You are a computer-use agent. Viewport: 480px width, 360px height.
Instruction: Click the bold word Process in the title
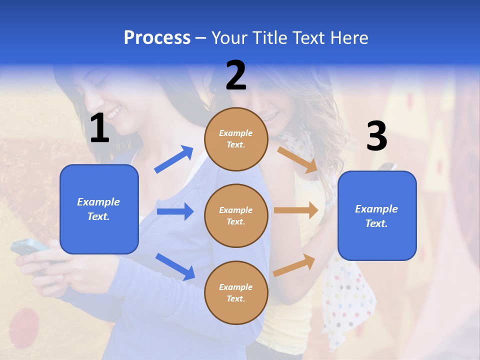pyautogui.click(x=157, y=38)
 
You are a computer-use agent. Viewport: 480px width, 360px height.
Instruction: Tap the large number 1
pyautogui.click(x=99, y=128)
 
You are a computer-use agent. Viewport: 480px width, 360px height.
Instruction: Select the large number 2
pyautogui.click(x=236, y=75)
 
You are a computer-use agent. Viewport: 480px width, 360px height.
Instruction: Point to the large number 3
pyautogui.click(x=376, y=136)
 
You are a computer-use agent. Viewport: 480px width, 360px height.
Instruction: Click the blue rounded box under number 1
pyautogui.click(x=99, y=209)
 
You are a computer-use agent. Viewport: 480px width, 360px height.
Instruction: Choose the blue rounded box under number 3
pyautogui.click(x=377, y=215)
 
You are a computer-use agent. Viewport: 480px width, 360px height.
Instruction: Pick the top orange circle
pyautogui.click(x=236, y=139)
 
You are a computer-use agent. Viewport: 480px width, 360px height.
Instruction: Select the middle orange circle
pyautogui.click(x=236, y=215)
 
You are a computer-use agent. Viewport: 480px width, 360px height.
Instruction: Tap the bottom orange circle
pyautogui.click(x=236, y=292)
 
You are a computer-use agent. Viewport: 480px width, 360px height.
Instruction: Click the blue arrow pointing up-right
pyautogui.click(x=174, y=159)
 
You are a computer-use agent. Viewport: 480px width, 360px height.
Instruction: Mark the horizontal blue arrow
pyautogui.click(x=175, y=211)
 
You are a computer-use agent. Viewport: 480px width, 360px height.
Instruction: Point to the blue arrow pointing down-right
pyautogui.click(x=175, y=266)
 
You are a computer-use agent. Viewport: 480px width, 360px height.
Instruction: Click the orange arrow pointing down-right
pyautogui.click(x=298, y=159)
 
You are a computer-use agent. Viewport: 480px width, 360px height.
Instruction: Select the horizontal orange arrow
pyautogui.click(x=296, y=210)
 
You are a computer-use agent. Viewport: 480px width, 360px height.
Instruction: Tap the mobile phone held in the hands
pyautogui.click(x=30, y=248)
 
